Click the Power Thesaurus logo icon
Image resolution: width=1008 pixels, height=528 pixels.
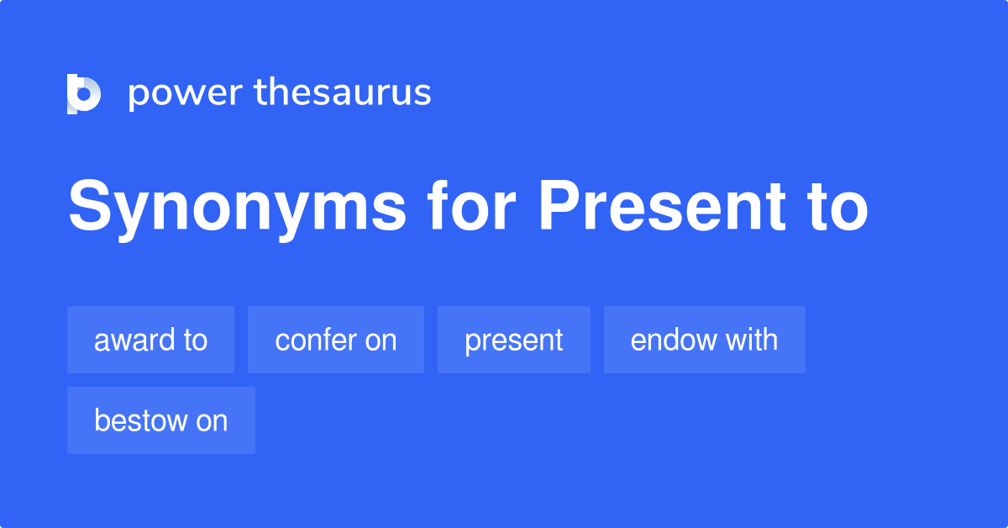tap(84, 93)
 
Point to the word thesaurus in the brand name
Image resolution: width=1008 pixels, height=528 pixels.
tap(343, 92)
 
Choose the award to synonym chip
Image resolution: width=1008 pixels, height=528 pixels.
tap(150, 340)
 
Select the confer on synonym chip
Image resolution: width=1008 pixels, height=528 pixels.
tap(335, 340)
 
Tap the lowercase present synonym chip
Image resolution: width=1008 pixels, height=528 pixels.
tap(513, 340)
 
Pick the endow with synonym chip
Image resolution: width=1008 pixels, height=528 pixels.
tap(704, 340)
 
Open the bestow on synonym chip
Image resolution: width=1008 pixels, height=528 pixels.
tap(160, 420)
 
